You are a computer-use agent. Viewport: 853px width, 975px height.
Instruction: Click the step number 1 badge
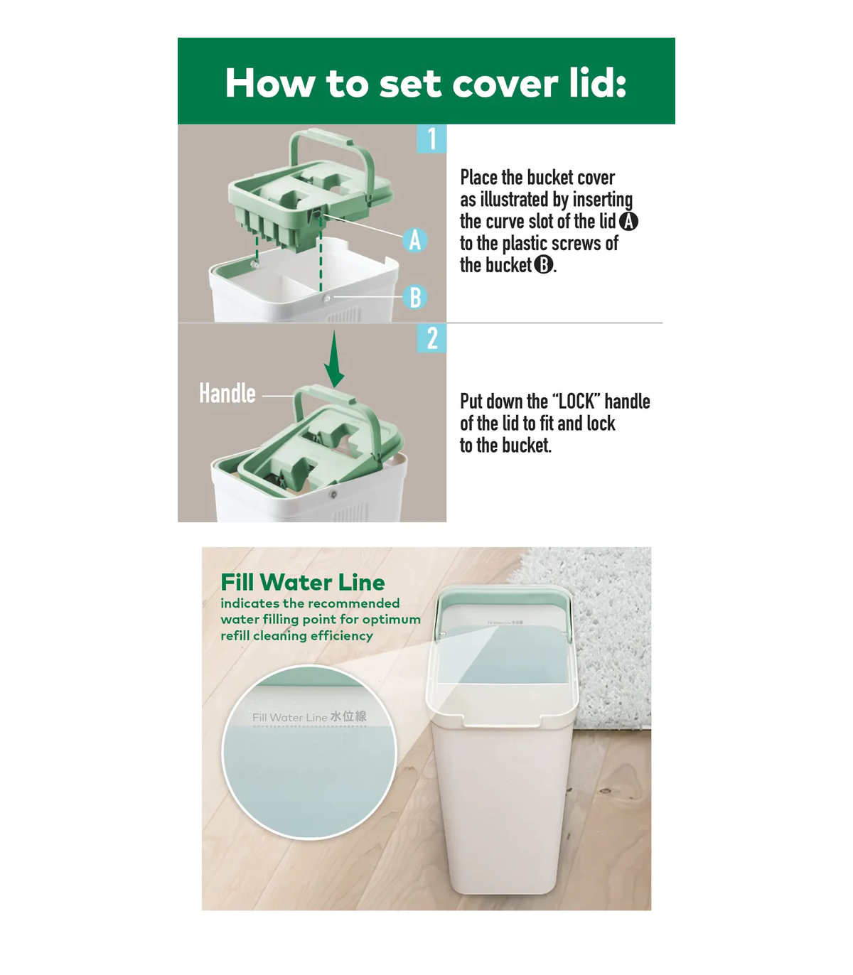pyautogui.click(x=431, y=139)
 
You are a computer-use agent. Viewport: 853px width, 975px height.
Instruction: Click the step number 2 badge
pyautogui.click(x=431, y=338)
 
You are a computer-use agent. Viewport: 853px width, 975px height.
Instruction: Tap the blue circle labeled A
pyautogui.click(x=415, y=240)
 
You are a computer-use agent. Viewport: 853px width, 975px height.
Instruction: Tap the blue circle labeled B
pyautogui.click(x=415, y=297)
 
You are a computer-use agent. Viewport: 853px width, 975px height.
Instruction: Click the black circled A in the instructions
pyautogui.click(x=628, y=221)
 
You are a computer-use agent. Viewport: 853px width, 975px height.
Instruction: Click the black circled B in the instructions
pyautogui.click(x=543, y=264)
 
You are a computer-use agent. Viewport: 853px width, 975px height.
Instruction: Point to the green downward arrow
pyautogui.click(x=334, y=359)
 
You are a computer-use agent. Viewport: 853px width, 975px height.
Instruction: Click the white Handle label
pyautogui.click(x=227, y=393)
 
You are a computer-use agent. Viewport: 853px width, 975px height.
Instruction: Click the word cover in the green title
pyautogui.click(x=505, y=84)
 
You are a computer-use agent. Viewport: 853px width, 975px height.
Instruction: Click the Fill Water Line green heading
pyautogui.click(x=303, y=582)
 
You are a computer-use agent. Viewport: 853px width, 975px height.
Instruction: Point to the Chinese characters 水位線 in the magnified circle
pyautogui.click(x=348, y=716)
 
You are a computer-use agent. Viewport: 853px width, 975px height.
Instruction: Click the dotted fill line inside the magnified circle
pyautogui.click(x=310, y=726)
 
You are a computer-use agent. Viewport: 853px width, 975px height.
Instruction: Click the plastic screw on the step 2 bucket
pyautogui.click(x=333, y=494)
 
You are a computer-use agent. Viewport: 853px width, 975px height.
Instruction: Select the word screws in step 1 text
pyautogui.click(x=576, y=244)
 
